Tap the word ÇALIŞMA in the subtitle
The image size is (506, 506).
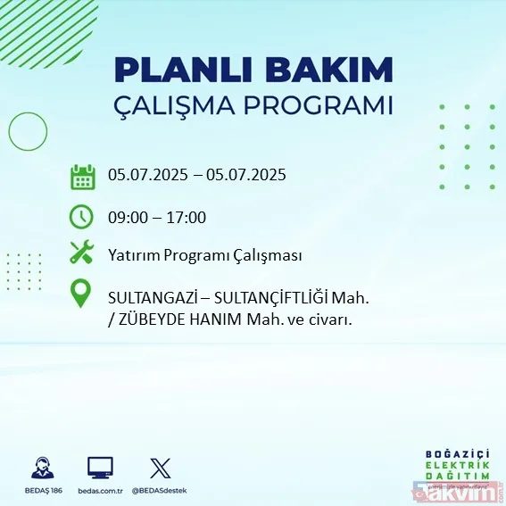coord(179,105)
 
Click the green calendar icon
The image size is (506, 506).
coord(82,176)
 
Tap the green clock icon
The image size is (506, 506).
coord(81,217)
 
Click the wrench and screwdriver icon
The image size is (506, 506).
coord(81,253)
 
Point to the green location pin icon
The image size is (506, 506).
coord(81,294)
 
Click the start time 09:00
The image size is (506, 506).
coord(128,217)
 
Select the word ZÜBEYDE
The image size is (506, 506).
coord(150,319)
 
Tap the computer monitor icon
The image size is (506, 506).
coord(100,468)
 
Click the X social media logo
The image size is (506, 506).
coord(160,468)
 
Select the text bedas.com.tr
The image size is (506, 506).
coord(100,491)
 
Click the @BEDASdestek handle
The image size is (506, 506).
coord(160,491)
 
